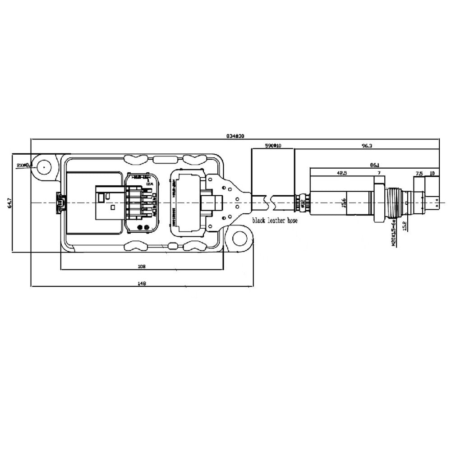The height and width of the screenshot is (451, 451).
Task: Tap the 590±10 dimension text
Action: point(272,146)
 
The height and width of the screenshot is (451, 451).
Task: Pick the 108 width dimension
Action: point(142,267)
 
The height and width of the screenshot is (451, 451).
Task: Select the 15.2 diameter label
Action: point(405,224)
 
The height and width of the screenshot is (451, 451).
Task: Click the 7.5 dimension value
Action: point(419,173)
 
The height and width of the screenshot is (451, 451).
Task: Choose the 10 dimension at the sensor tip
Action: point(432,173)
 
